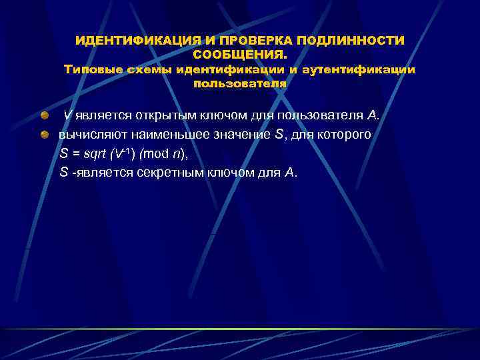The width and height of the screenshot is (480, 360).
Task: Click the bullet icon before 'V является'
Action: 44,115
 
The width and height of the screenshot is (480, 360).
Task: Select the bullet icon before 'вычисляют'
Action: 44,134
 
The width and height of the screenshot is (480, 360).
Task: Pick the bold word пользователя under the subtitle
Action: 239,84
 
